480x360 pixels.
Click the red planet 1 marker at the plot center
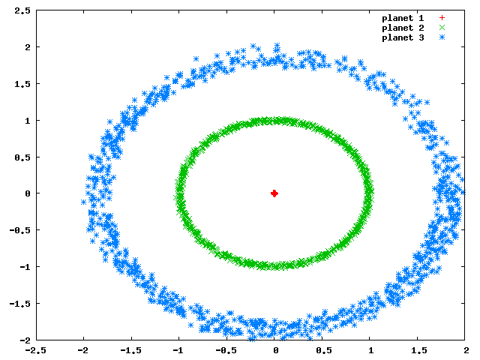[274, 193]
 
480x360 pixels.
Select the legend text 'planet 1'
[403, 18]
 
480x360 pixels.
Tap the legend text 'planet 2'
[403, 28]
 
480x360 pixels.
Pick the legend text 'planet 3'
[403, 37]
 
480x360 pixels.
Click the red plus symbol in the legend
[442, 18]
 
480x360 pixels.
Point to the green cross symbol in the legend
[442, 28]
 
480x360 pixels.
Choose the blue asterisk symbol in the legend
[442, 37]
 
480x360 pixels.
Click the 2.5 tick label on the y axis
[22, 10]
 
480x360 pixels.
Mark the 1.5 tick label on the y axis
[22, 84]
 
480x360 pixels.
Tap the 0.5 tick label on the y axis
[22, 157]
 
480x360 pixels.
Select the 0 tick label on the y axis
[28, 193]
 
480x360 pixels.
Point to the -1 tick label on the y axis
[25, 267]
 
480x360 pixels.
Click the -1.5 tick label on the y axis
[20, 303]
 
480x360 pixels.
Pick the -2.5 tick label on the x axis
[35, 350]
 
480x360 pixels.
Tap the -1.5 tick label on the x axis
[131, 350]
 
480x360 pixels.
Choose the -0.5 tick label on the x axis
[226, 350]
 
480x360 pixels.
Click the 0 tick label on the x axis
[276, 350]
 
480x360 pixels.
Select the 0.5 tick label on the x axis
[324, 350]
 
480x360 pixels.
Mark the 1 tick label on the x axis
[371, 350]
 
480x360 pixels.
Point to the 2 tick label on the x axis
[466, 350]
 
